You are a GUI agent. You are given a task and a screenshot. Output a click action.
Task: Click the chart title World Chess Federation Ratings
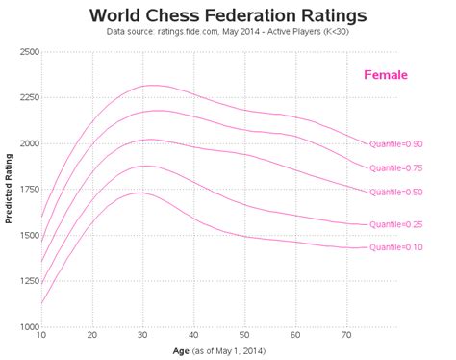(x=227, y=16)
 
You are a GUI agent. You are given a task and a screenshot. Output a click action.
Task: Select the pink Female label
(x=386, y=75)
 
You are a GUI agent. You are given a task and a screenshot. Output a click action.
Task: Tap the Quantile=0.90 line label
(x=396, y=143)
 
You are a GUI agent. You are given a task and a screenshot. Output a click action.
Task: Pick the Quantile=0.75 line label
(x=396, y=167)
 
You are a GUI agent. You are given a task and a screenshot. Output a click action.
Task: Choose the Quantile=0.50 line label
(x=396, y=192)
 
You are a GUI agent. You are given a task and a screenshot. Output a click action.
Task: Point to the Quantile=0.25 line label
(x=396, y=224)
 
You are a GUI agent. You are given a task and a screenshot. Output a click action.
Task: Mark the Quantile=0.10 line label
(x=396, y=247)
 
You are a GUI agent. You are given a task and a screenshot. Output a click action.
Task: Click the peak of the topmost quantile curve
(x=149, y=86)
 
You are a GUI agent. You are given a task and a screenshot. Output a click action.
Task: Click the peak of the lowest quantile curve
(x=138, y=193)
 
